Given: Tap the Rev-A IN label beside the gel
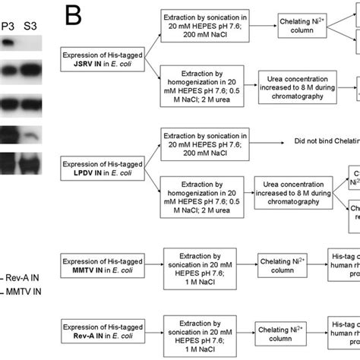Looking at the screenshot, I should click(x=24, y=278).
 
